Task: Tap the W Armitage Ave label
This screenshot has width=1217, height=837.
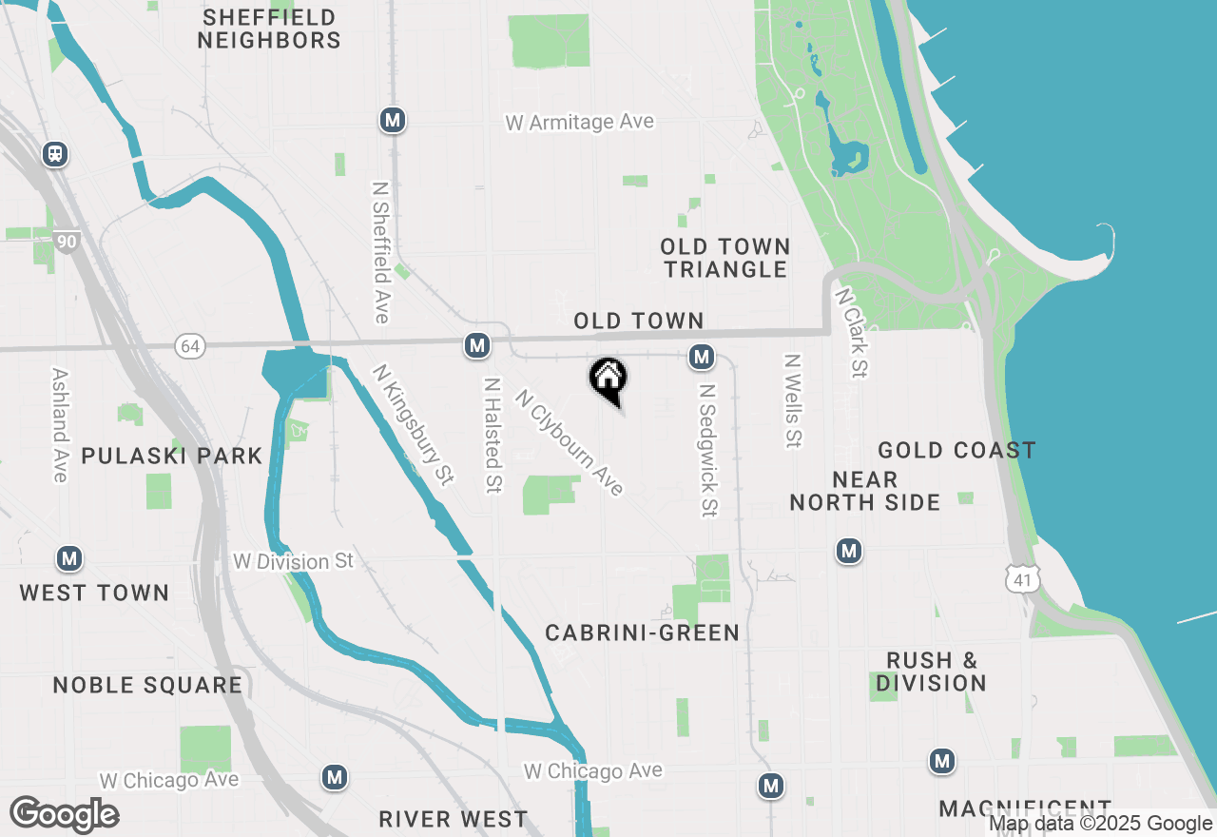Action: coord(580,122)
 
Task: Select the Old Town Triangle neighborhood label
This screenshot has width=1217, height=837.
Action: coord(725,258)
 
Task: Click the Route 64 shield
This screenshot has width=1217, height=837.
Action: coord(190,346)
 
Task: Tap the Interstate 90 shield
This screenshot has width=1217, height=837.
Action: coord(66,242)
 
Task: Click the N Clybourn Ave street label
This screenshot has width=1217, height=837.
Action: coord(570,442)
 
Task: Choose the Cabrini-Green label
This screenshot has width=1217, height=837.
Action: coord(643,633)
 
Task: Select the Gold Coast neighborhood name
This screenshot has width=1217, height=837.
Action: coord(956,450)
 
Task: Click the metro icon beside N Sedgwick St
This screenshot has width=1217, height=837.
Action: coord(702,357)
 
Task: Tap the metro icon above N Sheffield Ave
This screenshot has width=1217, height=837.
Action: coord(393,120)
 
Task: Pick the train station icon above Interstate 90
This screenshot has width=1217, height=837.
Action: coord(55,153)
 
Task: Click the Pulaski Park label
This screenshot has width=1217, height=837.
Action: coord(172,456)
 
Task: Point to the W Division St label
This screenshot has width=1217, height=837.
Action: coord(293,561)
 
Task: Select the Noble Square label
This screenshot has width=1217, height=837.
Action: coord(147,685)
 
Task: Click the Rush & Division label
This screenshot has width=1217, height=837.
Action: coord(932,672)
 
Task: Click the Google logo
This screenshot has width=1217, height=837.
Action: coord(64,814)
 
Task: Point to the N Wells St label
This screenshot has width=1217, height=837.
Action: coord(792,400)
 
